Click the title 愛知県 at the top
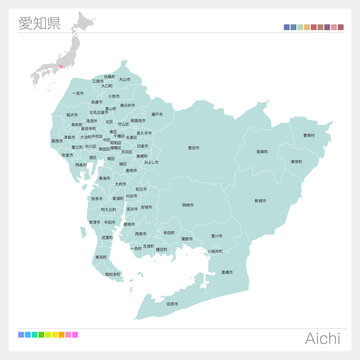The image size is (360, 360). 38,23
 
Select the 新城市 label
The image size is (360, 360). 260,200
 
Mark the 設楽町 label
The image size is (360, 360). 262,151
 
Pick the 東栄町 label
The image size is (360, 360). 296,160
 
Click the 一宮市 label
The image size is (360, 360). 79,93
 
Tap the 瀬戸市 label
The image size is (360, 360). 156,115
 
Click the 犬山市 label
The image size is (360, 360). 124,78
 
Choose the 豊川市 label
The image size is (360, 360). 217,236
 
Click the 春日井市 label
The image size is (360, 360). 127,105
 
